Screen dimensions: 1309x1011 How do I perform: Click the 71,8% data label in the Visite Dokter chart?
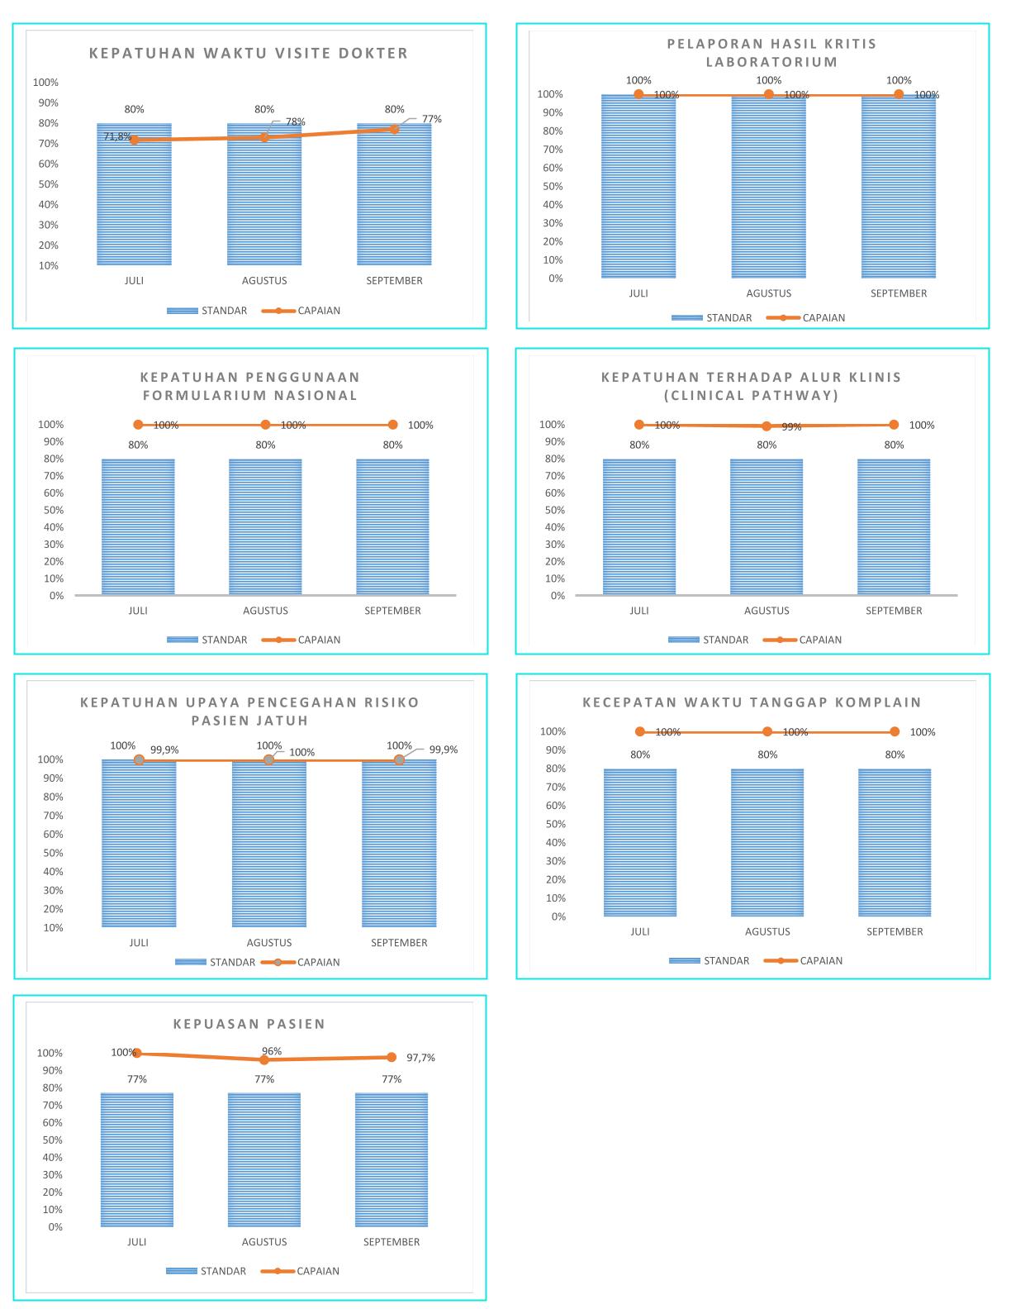coord(117,136)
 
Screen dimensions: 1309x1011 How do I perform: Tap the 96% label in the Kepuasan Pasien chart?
coord(272,1051)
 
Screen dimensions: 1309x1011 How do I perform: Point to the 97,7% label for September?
coord(420,1058)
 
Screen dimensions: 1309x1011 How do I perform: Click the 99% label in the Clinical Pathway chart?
coord(791,427)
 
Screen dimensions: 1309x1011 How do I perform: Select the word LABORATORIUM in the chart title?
coord(771,62)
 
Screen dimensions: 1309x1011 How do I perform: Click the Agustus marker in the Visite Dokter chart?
coord(264,137)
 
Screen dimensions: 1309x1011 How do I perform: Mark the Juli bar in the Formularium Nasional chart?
coord(138,526)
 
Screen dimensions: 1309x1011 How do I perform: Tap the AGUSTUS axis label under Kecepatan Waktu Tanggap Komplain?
coord(767,931)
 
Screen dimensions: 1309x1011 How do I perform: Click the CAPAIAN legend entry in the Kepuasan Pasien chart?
coord(318,1271)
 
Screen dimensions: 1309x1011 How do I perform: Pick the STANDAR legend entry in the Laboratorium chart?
coord(729,317)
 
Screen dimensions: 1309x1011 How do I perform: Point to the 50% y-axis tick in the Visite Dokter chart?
coord(45,184)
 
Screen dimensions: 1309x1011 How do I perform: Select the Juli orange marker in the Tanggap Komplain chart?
coord(640,731)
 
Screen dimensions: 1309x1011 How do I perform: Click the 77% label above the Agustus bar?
coord(264,1079)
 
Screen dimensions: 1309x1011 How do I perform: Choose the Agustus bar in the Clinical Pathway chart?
coord(767,526)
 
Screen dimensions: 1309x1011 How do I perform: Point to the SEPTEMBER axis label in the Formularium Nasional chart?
coord(392,611)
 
